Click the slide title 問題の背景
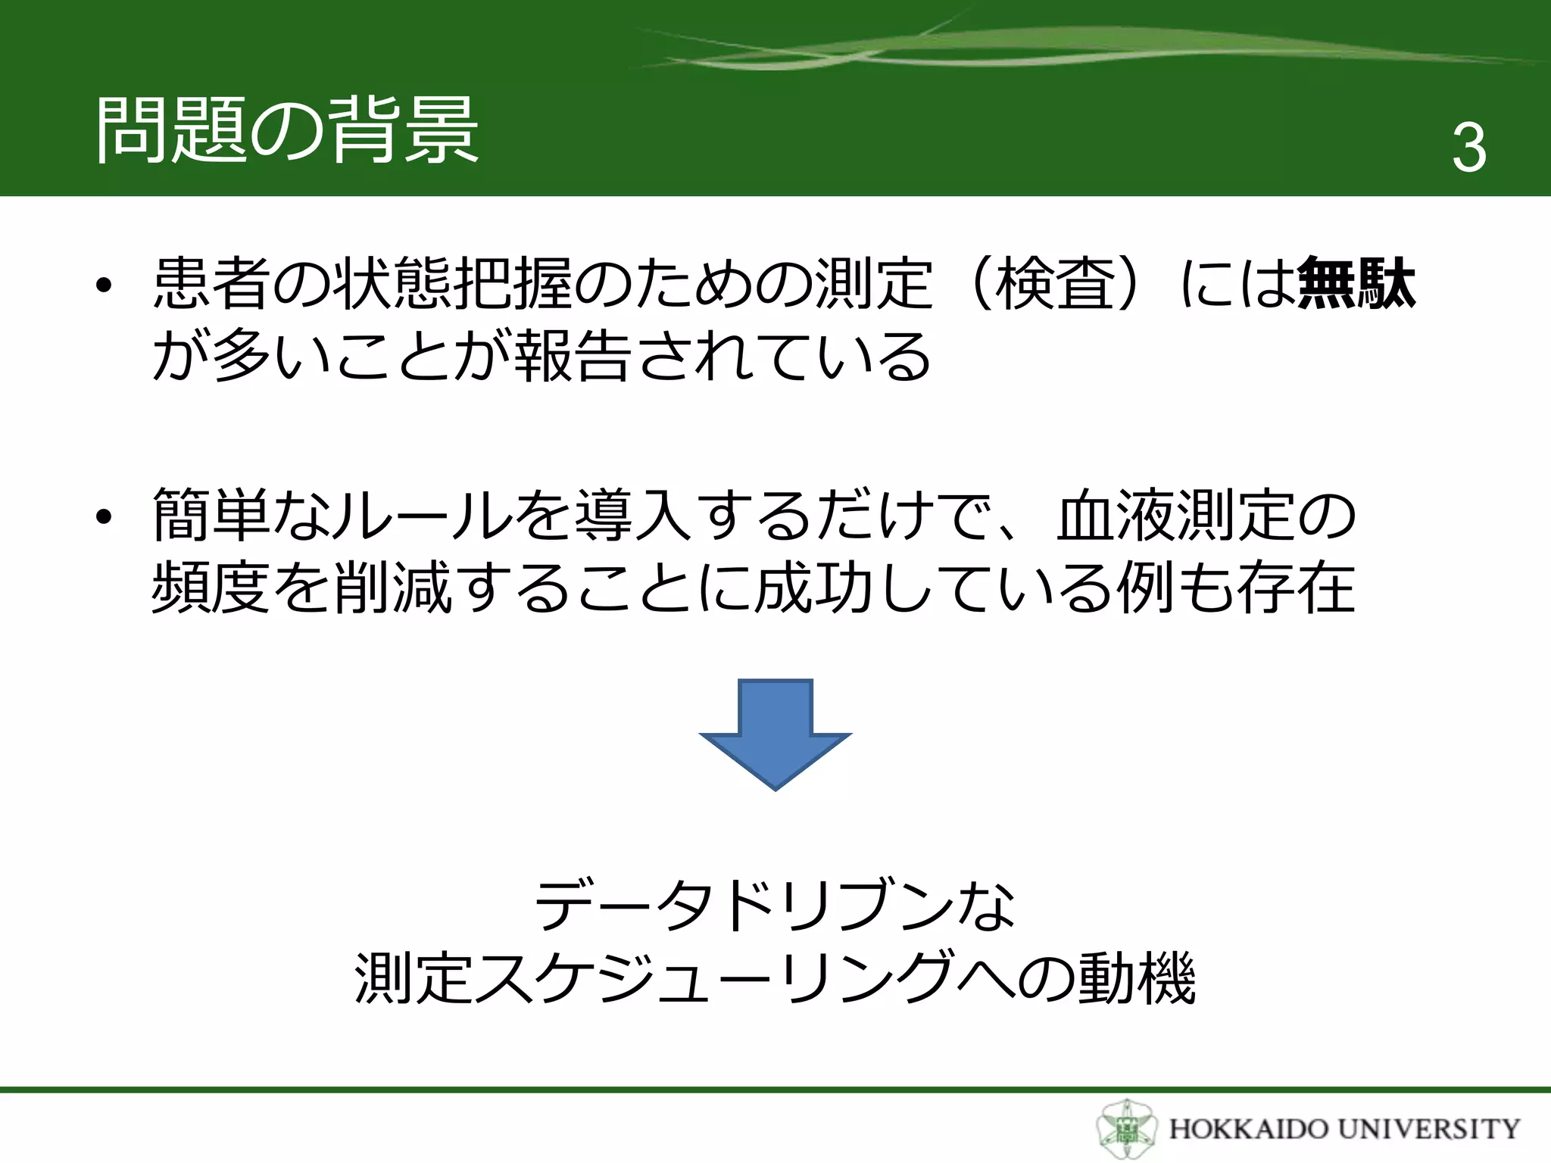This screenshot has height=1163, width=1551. coord(288,130)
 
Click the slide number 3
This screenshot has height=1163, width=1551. coord(1468,148)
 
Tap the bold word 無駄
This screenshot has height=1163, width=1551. coord(1356,283)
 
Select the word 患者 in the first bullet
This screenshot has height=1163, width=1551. coord(212,283)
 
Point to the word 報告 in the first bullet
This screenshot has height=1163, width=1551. coord(573,356)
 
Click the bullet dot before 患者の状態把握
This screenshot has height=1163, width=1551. coord(104,285)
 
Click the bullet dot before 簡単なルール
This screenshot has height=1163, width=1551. coord(104,518)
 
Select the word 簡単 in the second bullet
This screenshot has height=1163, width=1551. coord(212,515)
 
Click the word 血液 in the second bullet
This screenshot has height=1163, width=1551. coord(1116,515)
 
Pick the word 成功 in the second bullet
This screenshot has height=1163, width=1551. coord(813,588)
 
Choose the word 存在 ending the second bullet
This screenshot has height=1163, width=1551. coord(1295,588)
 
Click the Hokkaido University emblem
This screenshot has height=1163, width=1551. coord(1126,1129)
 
